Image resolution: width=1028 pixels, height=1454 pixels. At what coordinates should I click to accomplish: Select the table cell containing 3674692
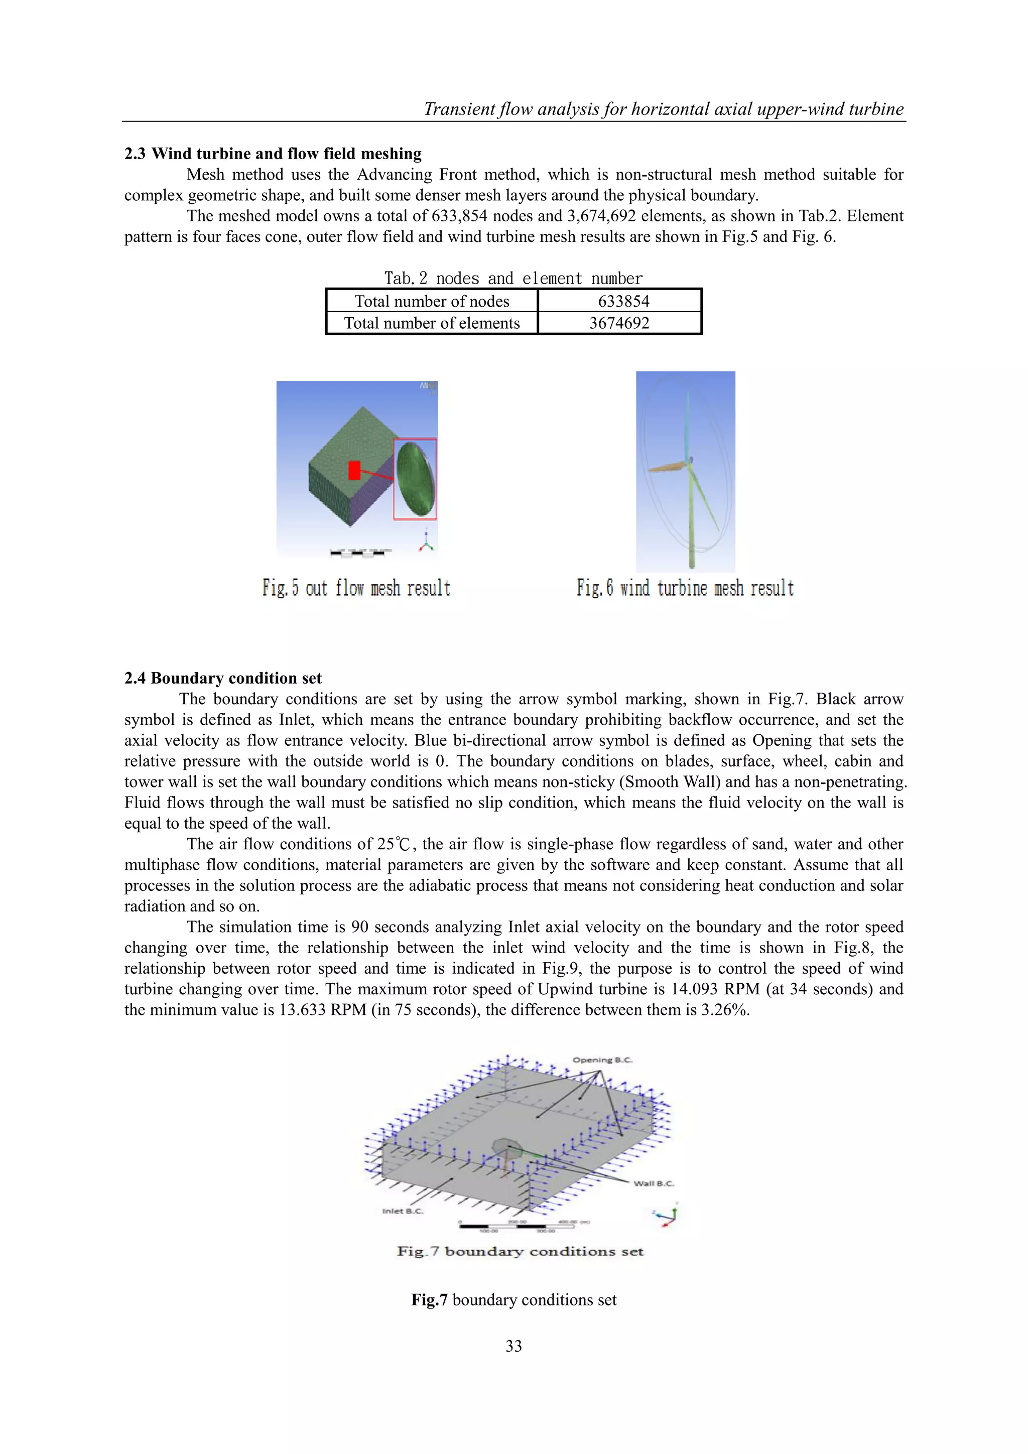(619, 323)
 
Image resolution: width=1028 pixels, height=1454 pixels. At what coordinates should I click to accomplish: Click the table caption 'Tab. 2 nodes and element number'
(513, 278)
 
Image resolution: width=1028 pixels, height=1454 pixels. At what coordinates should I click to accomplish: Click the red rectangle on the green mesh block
(354, 470)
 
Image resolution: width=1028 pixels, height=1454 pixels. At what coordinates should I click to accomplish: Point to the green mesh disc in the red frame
(415, 479)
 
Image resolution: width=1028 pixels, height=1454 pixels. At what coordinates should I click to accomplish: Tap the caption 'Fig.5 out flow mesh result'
(356, 588)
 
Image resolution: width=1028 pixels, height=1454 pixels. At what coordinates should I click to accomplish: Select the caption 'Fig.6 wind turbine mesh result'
(685, 588)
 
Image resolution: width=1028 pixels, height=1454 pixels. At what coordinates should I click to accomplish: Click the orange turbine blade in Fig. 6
(666, 467)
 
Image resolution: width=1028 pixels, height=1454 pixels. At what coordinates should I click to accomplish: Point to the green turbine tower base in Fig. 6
(690, 557)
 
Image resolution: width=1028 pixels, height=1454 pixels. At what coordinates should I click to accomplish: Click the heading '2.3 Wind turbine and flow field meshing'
(273, 154)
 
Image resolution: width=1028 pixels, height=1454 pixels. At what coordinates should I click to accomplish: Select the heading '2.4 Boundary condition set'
(222, 678)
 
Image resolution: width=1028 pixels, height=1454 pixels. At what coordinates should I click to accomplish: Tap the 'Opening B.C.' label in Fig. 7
(602, 1060)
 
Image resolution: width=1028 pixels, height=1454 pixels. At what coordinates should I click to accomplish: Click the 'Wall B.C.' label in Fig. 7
(654, 1183)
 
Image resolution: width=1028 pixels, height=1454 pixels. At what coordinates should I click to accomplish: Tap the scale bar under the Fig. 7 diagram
(516, 1226)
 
